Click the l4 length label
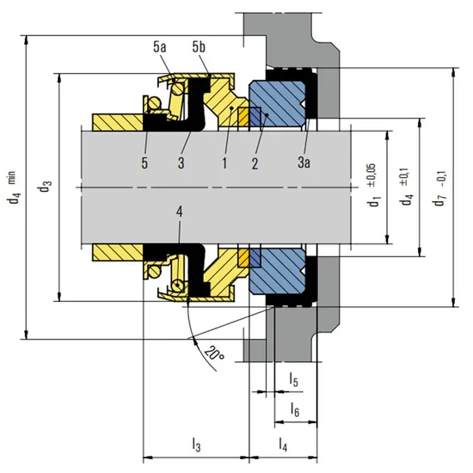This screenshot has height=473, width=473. pos(282,445)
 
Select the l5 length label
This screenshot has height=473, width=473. pos(293,380)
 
